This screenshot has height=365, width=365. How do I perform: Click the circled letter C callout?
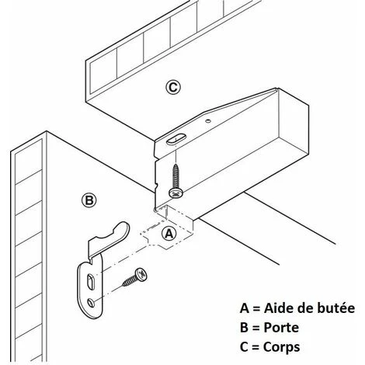pyautogui.click(x=173, y=87)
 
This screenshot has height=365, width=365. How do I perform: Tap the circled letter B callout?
pyautogui.click(x=89, y=200)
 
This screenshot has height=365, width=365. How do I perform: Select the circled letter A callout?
pyautogui.click(x=169, y=234)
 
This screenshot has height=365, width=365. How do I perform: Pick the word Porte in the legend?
pyautogui.click(x=281, y=328)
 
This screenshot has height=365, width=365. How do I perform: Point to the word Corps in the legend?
pyautogui.click(x=281, y=347)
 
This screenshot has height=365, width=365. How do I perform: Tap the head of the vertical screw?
pyautogui.click(x=176, y=193)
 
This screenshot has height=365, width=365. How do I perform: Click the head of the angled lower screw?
pyautogui.click(x=141, y=275)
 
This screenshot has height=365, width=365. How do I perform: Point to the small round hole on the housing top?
pyautogui.click(x=207, y=120)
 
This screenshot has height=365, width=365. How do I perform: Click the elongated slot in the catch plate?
pyautogui.click(x=90, y=282)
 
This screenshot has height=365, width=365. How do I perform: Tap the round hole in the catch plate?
pyautogui.click(x=91, y=302)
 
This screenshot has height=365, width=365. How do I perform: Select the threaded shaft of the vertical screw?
pyautogui.click(x=176, y=176)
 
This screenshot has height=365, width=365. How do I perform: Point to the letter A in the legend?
pyautogui.click(x=245, y=308)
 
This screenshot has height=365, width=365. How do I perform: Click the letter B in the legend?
pyautogui.click(x=244, y=328)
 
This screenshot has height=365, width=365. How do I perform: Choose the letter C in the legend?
pyautogui.click(x=244, y=347)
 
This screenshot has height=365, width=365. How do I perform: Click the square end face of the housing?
pyautogui.click(x=294, y=123)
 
